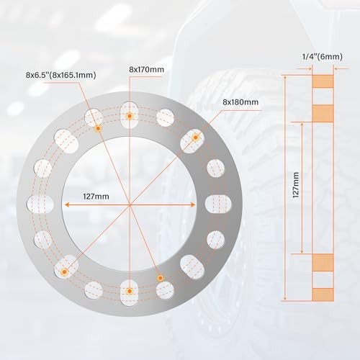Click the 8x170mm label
[146, 70]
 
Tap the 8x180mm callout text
[240, 102]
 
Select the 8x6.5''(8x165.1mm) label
[61, 75]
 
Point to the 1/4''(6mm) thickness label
[323, 57]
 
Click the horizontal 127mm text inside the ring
[96, 197]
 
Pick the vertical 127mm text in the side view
[296, 185]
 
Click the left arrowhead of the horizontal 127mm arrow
[67, 204]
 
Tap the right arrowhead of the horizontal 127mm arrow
[192, 204]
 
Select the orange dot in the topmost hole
[130, 116]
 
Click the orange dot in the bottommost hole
[130, 291]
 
